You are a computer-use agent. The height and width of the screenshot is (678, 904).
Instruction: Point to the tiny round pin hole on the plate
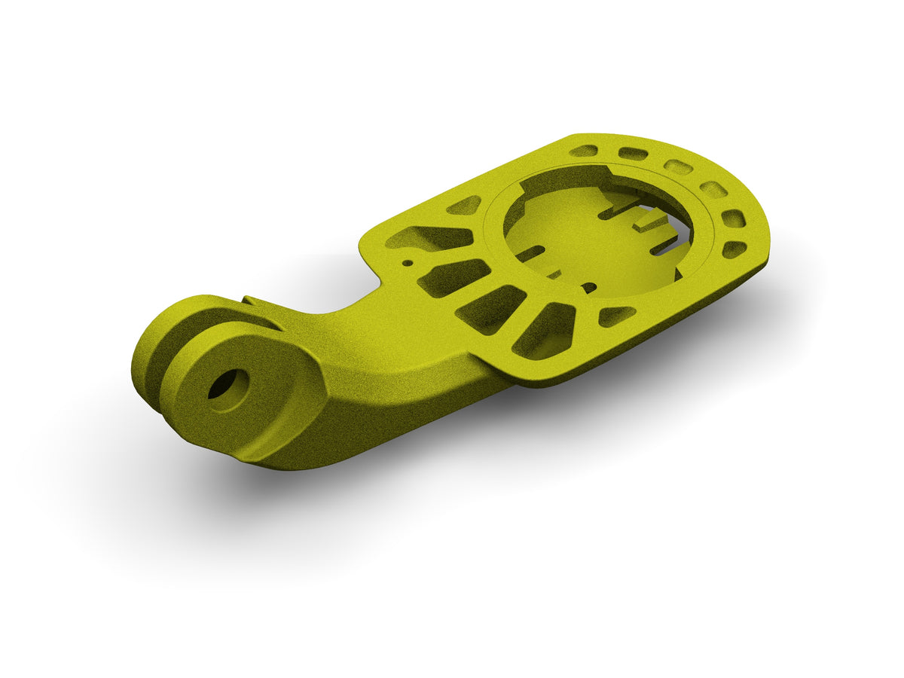408,264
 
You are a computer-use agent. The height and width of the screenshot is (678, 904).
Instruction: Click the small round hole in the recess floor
589,287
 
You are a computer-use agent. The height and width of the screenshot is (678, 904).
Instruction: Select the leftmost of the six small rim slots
583,151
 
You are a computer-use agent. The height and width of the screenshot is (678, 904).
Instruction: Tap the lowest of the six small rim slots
734,249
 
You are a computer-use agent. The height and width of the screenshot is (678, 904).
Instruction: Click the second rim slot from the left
631,154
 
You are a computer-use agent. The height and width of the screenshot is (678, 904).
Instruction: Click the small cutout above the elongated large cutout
464,205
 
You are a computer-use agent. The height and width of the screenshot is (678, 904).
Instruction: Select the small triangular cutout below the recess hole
615,316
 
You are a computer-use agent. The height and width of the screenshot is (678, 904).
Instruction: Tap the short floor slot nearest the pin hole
530,254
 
